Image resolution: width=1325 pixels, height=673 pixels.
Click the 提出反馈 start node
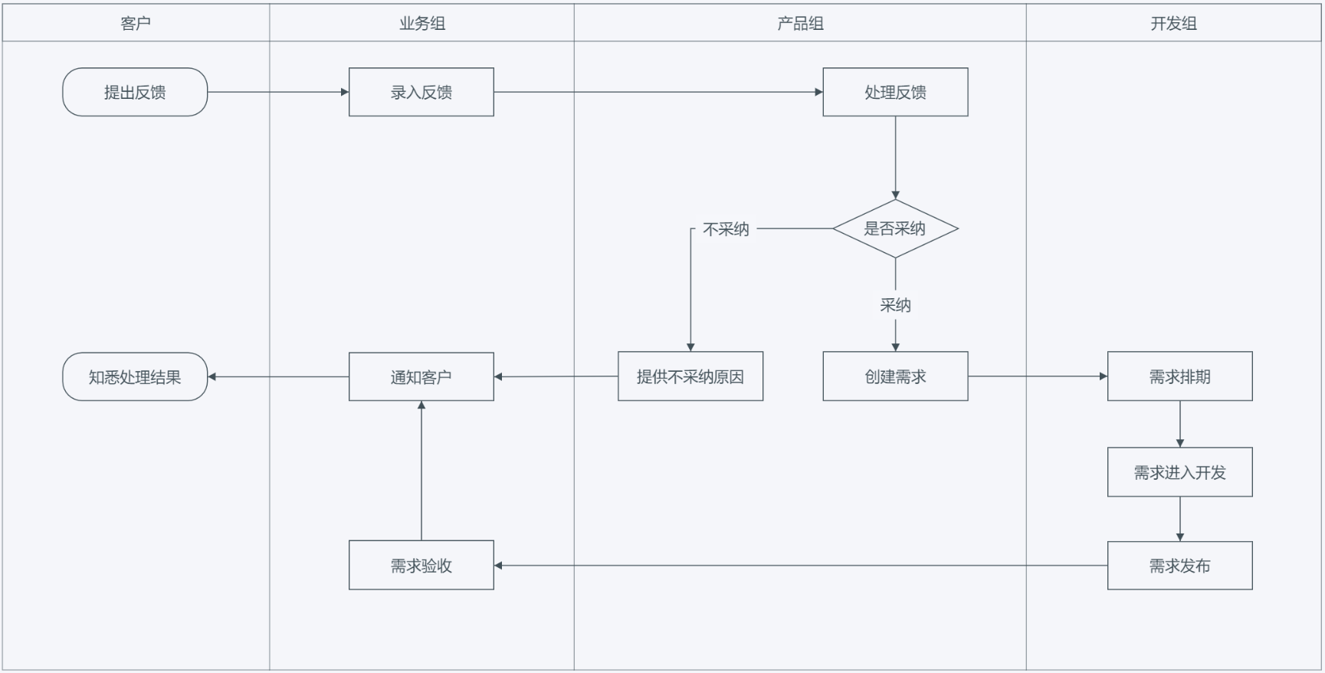click(135, 92)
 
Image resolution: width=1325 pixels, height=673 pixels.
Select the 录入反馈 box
click(421, 92)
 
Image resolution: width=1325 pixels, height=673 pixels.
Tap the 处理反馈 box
click(895, 92)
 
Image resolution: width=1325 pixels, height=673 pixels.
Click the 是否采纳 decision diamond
click(895, 228)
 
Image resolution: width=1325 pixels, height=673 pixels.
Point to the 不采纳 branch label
click(726, 229)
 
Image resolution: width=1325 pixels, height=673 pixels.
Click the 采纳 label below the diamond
click(895, 305)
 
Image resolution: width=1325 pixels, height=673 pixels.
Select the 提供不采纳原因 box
click(690, 376)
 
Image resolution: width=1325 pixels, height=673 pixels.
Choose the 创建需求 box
click(895, 376)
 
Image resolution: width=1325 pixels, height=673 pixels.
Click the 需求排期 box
click(1179, 376)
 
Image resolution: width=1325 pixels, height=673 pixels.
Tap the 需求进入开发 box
click(1179, 472)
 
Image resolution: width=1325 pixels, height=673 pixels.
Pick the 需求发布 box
click(1179, 566)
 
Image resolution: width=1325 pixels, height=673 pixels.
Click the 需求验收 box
click(421, 566)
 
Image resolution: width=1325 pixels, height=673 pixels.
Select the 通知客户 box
click(421, 376)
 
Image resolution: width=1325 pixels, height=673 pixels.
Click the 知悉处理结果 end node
click(135, 376)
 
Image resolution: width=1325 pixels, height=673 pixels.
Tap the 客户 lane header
click(136, 23)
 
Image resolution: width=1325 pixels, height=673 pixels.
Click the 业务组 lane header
click(421, 23)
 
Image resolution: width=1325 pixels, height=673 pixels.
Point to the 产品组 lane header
click(800, 23)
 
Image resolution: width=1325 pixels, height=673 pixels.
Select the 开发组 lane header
click(1173, 23)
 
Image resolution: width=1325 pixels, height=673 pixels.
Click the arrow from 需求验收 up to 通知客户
click(421, 471)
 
